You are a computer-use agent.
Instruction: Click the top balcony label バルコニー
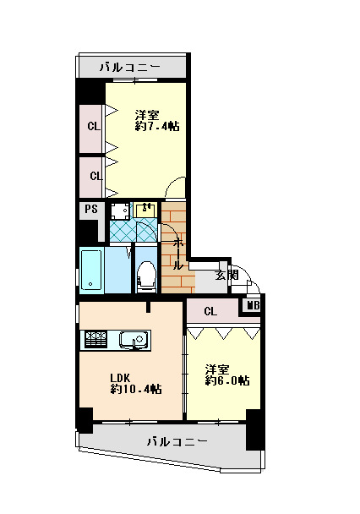[130, 68]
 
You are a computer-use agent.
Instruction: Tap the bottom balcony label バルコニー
[177, 441]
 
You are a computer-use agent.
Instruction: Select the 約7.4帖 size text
[157, 126]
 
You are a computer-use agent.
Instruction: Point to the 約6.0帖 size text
[227, 380]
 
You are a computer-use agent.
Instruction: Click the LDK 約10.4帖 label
[136, 384]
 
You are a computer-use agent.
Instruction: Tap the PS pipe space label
[91, 209]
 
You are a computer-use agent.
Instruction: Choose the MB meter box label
[254, 306]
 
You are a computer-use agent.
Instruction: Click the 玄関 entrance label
[226, 275]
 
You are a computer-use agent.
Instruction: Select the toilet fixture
[146, 276]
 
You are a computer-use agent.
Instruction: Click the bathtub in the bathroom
[90, 271]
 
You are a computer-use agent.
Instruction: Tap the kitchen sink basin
[134, 340]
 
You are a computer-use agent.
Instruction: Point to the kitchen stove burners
[95, 340]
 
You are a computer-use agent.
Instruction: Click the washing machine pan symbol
[119, 211]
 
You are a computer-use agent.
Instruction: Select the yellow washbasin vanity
[145, 210]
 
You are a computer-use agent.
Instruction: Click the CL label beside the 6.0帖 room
[210, 311]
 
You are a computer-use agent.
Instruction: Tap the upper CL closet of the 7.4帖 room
[90, 128]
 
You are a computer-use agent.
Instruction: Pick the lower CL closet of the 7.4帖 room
[91, 178]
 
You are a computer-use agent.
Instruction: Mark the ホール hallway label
[177, 254]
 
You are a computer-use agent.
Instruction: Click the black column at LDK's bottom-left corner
[85, 420]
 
